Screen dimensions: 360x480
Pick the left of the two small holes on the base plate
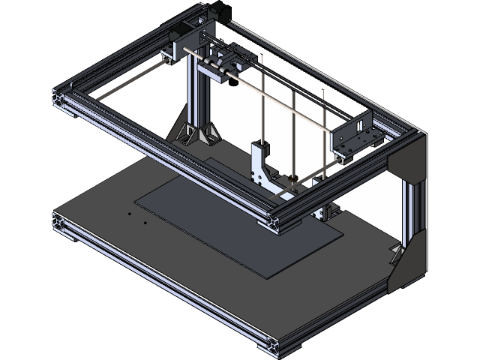[129, 213]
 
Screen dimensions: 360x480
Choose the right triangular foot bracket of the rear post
[208, 133]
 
